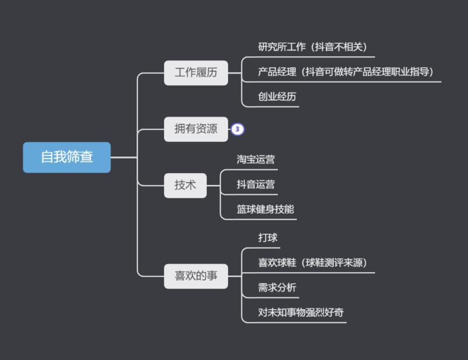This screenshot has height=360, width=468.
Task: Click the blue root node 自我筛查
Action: pyautogui.click(x=67, y=157)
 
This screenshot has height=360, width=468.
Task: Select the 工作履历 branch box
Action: pyautogui.click(x=195, y=73)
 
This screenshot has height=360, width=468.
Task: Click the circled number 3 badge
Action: pyautogui.click(x=237, y=129)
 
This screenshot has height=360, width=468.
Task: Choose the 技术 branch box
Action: pyautogui.click(x=185, y=186)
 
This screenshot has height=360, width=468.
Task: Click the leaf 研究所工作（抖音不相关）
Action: pyautogui.click(x=312, y=46)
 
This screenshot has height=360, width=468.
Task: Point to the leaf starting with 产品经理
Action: pyautogui.click(x=345, y=72)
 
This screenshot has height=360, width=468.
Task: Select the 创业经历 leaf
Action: pyautogui.click(x=277, y=97)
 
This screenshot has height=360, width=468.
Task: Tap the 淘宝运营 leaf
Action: pyautogui.click(x=256, y=159)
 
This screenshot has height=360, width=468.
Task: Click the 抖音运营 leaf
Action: pyautogui.click(x=256, y=184)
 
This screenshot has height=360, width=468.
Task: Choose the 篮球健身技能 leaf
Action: pyautogui.click(x=265, y=209)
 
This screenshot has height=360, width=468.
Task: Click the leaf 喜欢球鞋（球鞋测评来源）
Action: pyautogui.click(x=312, y=263)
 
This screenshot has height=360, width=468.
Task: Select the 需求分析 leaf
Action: pyautogui.click(x=277, y=287)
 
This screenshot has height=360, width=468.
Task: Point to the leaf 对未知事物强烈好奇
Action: pyautogui.click(x=301, y=313)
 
